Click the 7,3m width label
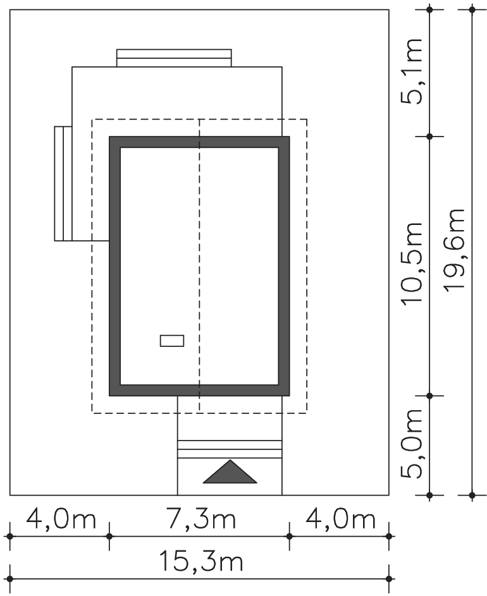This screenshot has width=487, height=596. [x=201, y=520]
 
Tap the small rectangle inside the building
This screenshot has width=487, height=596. [x=172, y=341]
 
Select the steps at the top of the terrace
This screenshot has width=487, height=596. [x=174, y=58]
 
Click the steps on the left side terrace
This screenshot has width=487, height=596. [x=63, y=183]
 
